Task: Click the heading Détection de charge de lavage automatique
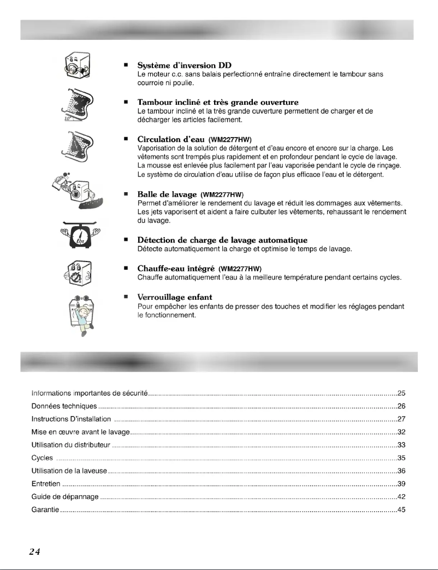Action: (x=222, y=240)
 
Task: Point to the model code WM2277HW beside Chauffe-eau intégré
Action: (x=241, y=269)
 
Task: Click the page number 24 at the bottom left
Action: (x=20, y=551)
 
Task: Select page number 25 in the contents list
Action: (x=400, y=393)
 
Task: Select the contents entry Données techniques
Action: (x=64, y=406)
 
